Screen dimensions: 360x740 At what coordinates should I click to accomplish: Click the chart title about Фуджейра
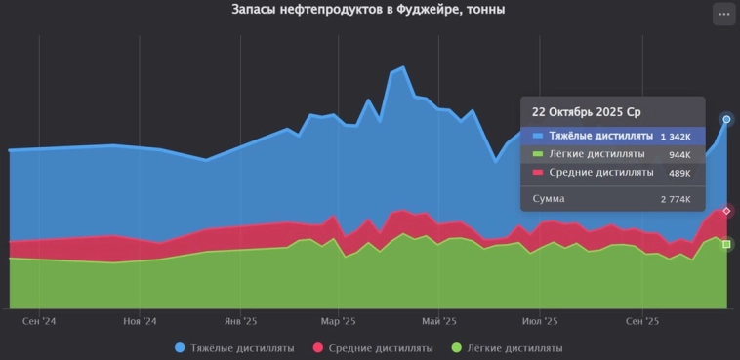369,10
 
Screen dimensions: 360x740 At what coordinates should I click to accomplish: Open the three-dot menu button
722,14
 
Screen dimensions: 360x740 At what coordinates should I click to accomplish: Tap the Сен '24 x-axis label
39,320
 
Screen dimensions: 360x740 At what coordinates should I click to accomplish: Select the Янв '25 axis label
240,320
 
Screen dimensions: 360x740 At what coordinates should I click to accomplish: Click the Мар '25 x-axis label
338,320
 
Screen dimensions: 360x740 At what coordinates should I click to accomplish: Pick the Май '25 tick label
438,320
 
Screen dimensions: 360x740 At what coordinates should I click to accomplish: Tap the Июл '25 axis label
539,320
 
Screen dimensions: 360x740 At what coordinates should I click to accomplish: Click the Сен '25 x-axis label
641,320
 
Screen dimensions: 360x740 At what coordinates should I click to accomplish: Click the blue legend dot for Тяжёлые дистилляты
180,348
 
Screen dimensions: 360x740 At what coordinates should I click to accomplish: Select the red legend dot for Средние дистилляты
317,348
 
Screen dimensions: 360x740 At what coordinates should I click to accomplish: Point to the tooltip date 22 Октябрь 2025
580,112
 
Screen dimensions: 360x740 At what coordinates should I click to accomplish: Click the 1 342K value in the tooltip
675,137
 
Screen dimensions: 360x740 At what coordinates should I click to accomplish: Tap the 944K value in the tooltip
679,155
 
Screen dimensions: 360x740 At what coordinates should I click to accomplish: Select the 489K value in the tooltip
679,173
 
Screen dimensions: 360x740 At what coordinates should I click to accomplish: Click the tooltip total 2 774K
675,199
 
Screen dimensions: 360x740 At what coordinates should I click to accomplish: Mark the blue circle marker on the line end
726,119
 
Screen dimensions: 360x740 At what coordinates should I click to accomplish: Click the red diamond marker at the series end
726,211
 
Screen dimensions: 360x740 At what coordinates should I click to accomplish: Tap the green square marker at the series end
726,244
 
